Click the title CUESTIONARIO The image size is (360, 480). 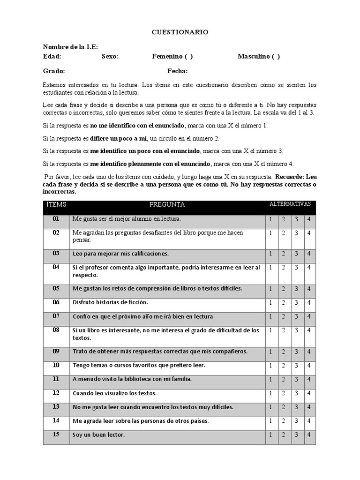180,32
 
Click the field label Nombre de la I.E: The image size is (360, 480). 70,47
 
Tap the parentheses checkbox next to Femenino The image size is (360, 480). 188,57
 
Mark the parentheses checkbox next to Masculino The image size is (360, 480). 276,57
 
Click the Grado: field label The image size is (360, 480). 54,71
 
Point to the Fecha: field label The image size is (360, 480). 178,71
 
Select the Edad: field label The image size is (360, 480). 52,57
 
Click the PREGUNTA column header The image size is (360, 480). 167,205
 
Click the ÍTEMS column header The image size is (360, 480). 56,205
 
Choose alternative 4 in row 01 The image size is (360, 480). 309,219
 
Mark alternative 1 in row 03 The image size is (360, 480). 270,254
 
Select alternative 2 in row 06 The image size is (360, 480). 284,303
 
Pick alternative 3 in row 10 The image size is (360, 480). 296,365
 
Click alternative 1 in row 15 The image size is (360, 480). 270,435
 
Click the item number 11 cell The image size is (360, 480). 56,379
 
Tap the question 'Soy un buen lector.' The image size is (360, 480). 98,435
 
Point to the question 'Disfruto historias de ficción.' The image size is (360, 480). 110,303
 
